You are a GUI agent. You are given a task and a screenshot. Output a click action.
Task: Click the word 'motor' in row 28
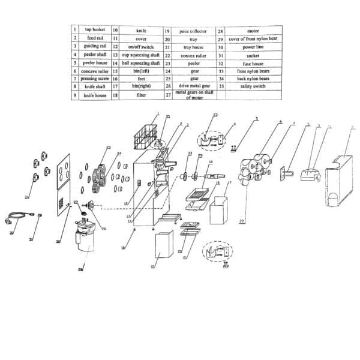tap(253, 30)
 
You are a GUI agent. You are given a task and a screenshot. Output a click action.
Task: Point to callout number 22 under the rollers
tap(241, 221)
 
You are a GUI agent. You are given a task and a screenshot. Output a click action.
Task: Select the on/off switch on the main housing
tap(138, 183)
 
